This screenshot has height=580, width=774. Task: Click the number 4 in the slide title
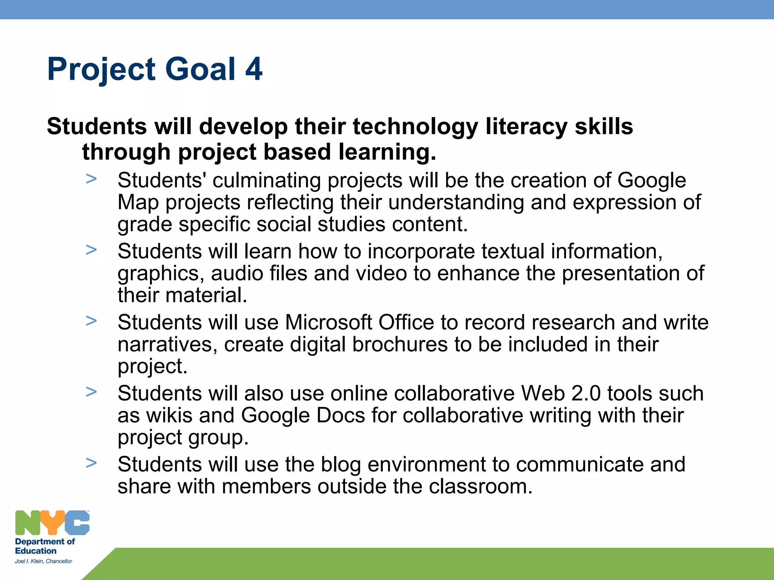tap(254, 69)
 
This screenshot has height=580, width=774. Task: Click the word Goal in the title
tap(200, 69)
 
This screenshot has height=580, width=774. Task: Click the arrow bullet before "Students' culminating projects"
tap(91, 179)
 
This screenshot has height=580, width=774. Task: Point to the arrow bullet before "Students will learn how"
tap(91, 250)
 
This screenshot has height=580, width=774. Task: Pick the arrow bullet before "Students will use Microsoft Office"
tap(91, 321)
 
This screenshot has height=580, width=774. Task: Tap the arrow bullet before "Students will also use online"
tap(91, 392)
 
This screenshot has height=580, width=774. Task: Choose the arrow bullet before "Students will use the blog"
tap(91, 463)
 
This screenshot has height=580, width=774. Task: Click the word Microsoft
tap(328, 322)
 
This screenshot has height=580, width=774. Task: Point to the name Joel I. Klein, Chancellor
tap(43, 561)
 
